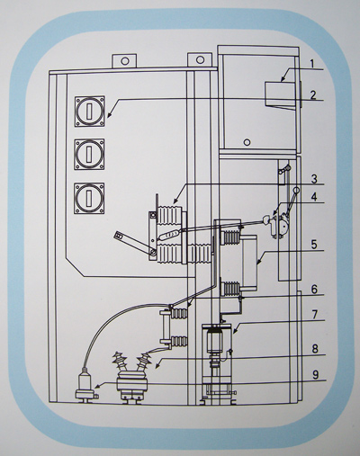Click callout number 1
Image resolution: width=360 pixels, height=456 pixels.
tap(312, 64)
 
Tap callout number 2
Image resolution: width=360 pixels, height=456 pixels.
tap(313, 95)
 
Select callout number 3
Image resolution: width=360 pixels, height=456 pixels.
tap(313, 179)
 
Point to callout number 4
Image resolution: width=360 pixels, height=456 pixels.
tap(314, 197)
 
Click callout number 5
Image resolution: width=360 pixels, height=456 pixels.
tap(314, 245)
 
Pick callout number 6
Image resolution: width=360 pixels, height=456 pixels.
tap(314, 290)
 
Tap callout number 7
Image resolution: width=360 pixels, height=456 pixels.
tap(314, 315)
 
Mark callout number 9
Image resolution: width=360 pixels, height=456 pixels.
tap(315, 375)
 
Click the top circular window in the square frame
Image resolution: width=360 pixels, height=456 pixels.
tap(90, 112)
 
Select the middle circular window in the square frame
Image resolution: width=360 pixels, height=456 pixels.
tap(90, 155)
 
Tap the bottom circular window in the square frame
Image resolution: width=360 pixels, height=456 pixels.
tap(90, 198)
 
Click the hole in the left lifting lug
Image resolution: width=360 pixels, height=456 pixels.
tap(124, 61)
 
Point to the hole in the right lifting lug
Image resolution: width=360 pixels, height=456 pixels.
tap(200, 60)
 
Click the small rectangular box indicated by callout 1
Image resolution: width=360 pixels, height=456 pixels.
tap(280, 94)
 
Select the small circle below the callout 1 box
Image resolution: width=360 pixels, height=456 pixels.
tap(247, 142)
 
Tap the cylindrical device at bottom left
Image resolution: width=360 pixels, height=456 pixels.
tap(85, 387)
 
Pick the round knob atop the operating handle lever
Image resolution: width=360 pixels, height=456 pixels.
tap(297, 190)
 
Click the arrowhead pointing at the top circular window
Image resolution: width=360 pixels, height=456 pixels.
tap(110, 114)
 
